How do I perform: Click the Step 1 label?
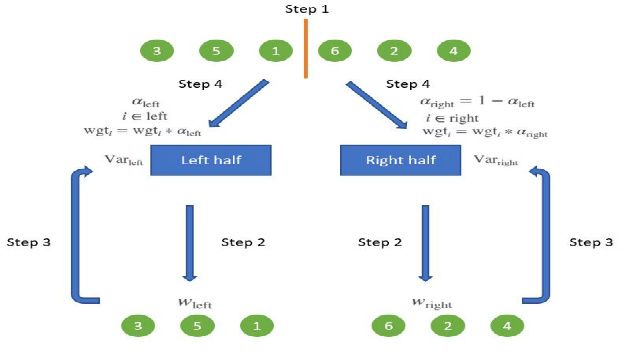[x=308, y=9]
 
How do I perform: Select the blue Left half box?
[x=210, y=160]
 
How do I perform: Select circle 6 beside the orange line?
[x=334, y=50]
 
